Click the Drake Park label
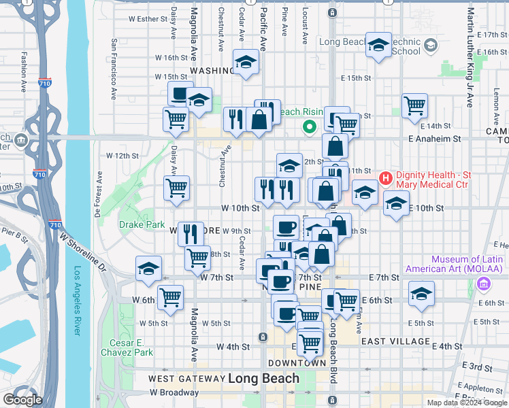(x=142, y=224)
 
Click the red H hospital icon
(x=386, y=179)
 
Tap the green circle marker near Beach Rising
(x=310, y=126)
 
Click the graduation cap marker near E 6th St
(x=422, y=294)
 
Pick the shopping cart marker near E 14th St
(x=414, y=105)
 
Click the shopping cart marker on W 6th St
(x=170, y=296)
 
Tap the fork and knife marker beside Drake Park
(x=191, y=233)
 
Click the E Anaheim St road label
(x=435, y=138)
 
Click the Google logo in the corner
(x=22, y=400)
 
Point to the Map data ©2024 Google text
(x=466, y=402)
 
